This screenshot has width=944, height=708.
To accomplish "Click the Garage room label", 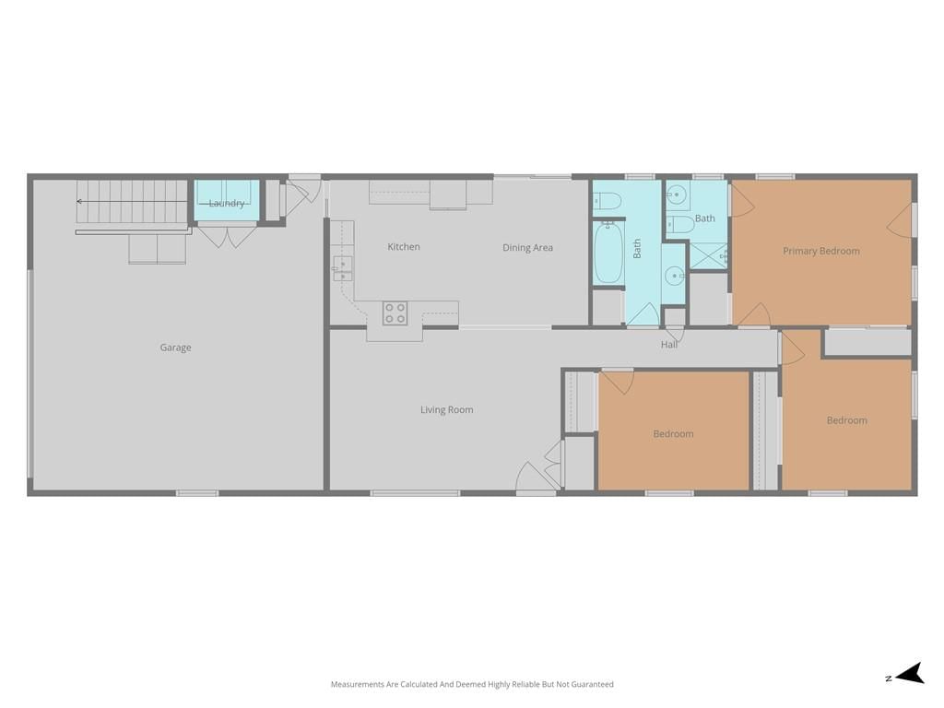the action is click(175, 348).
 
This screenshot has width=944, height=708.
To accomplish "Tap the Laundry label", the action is click(227, 204).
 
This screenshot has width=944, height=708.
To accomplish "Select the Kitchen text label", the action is click(404, 246).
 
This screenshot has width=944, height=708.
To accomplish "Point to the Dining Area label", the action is click(527, 247).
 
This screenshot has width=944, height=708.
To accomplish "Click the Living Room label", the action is click(447, 410).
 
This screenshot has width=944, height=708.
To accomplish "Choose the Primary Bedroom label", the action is click(821, 251).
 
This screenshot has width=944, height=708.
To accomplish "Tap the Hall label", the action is click(669, 345).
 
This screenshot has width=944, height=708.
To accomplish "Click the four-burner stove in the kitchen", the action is click(395, 313).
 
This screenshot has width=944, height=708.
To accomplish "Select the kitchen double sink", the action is click(343, 268).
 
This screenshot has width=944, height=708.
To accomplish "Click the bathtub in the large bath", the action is click(608, 253).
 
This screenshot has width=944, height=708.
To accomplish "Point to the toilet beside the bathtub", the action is click(607, 200).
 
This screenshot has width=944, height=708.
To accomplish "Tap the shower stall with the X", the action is click(708, 256).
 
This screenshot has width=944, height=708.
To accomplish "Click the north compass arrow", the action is click(910, 674).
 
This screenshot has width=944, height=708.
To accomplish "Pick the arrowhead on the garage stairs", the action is click(79, 202).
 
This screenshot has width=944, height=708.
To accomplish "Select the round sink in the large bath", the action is click(674, 277).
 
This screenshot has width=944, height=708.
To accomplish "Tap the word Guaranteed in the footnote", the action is click(593, 685).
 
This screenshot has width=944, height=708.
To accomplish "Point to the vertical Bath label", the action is click(637, 249).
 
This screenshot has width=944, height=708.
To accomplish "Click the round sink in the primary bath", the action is click(678, 195).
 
